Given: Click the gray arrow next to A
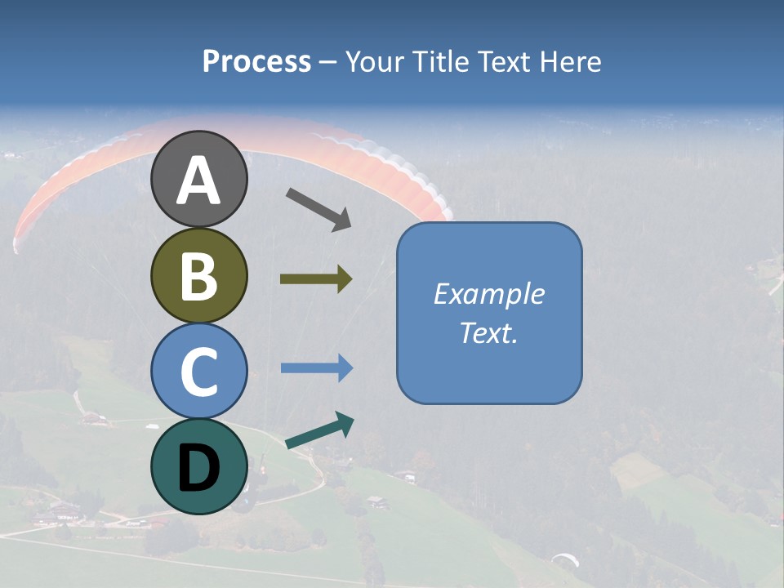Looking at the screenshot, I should pyautogui.click(x=318, y=209).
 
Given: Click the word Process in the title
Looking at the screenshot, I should pyautogui.click(x=256, y=62).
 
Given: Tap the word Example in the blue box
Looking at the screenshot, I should pyautogui.click(x=488, y=294).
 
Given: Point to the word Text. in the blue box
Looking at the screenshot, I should pyautogui.click(x=488, y=333).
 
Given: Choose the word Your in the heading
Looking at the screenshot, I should pyautogui.click(x=375, y=62).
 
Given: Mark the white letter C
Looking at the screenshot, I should pyautogui.click(x=198, y=372).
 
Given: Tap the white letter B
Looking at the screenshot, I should pyautogui.click(x=198, y=276).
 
